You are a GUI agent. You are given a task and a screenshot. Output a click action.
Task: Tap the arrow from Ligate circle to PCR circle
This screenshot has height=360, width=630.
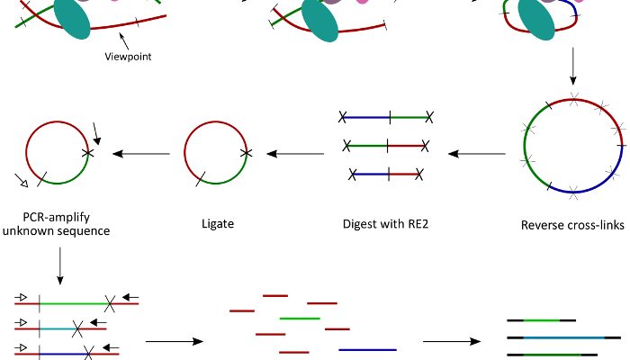coord(139,154)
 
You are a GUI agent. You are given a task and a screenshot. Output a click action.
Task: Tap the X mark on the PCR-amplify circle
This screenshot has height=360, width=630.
coord(87,154)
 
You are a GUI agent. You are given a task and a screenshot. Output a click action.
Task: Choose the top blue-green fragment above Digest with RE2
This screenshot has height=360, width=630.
coord(385,116)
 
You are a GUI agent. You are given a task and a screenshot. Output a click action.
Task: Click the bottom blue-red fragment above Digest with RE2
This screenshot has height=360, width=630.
coord(385,173)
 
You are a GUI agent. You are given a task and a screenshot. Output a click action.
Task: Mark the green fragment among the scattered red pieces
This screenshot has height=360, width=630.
coord(300,318)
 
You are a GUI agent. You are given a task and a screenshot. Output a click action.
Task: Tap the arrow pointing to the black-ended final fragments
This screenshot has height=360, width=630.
coord(450,342)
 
